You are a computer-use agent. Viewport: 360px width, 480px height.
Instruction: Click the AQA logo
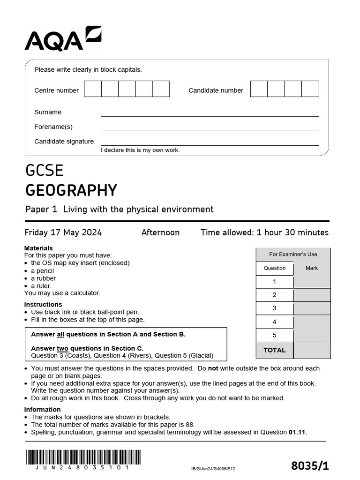click(x=62, y=39)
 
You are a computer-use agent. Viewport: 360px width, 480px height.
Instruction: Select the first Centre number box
click(x=93, y=89)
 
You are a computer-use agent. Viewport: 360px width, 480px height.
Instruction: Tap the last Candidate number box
click(x=310, y=89)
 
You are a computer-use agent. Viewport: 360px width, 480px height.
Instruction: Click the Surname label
click(x=48, y=112)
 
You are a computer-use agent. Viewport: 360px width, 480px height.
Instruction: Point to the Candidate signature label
click(x=64, y=141)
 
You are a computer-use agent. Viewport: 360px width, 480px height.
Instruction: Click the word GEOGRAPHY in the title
click(x=71, y=191)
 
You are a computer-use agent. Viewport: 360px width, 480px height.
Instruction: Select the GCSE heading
click(x=45, y=170)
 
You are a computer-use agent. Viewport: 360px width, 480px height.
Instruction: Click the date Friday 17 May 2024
click(x=63, y=232)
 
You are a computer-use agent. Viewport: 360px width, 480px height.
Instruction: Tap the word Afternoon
click(x=160, y=232)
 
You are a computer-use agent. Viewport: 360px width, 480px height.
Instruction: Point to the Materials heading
click(x=38, y=248)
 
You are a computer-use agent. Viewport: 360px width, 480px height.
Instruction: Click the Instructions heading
click(x=43, y=305)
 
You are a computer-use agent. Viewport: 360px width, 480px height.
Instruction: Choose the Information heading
click(x=43, y=410)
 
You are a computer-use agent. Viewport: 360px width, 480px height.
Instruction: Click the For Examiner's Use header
click(x=293, y=255)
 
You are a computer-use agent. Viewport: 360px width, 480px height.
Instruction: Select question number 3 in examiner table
click(x=275, y=308)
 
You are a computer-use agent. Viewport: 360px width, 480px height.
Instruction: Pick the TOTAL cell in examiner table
click(x=275, y=350)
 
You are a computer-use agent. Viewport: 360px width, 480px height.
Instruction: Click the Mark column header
click(x=312, y=268)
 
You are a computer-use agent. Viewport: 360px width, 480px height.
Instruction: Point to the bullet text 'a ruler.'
click(x=41, y=286)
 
